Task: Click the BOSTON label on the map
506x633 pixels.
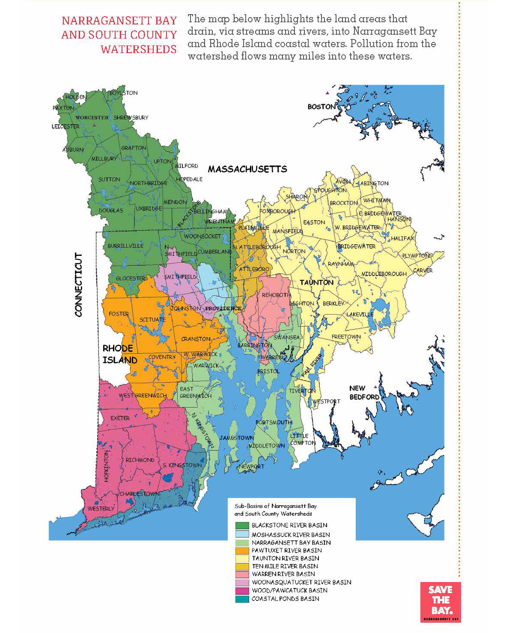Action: click(x=321, y=107)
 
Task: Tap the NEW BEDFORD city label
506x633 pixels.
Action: click(x=364, y=393)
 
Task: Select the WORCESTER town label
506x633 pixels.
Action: click(x=92, y=117)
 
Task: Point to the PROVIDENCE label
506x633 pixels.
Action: click(x=223, y=308)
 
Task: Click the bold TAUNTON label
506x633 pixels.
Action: click(x=316, y=282)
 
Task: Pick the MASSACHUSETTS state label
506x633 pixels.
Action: click(x=247, y=169)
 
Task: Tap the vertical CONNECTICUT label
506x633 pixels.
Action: click(x=78, y=285)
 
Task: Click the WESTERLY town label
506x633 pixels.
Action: click(x=101, y=509)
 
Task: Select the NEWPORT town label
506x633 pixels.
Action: click(x=251, y=466)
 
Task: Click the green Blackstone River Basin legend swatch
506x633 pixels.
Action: click(x=242, y=525)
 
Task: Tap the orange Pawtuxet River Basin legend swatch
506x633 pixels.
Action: click(x=242, y=550)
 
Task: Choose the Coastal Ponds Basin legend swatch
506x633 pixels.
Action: click(x=242, y=599)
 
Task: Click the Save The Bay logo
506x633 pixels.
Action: click(x=441, y=602)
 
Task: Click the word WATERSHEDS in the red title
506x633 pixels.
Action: click(x=139, y=49)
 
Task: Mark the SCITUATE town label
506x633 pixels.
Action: click(x=152, y=320)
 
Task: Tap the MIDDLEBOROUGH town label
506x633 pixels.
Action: click(x=384, y=274)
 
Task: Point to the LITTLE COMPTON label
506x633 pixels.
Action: click(x=303, y=439)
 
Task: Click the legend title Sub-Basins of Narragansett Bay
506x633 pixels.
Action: click(x=275, y=506)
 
